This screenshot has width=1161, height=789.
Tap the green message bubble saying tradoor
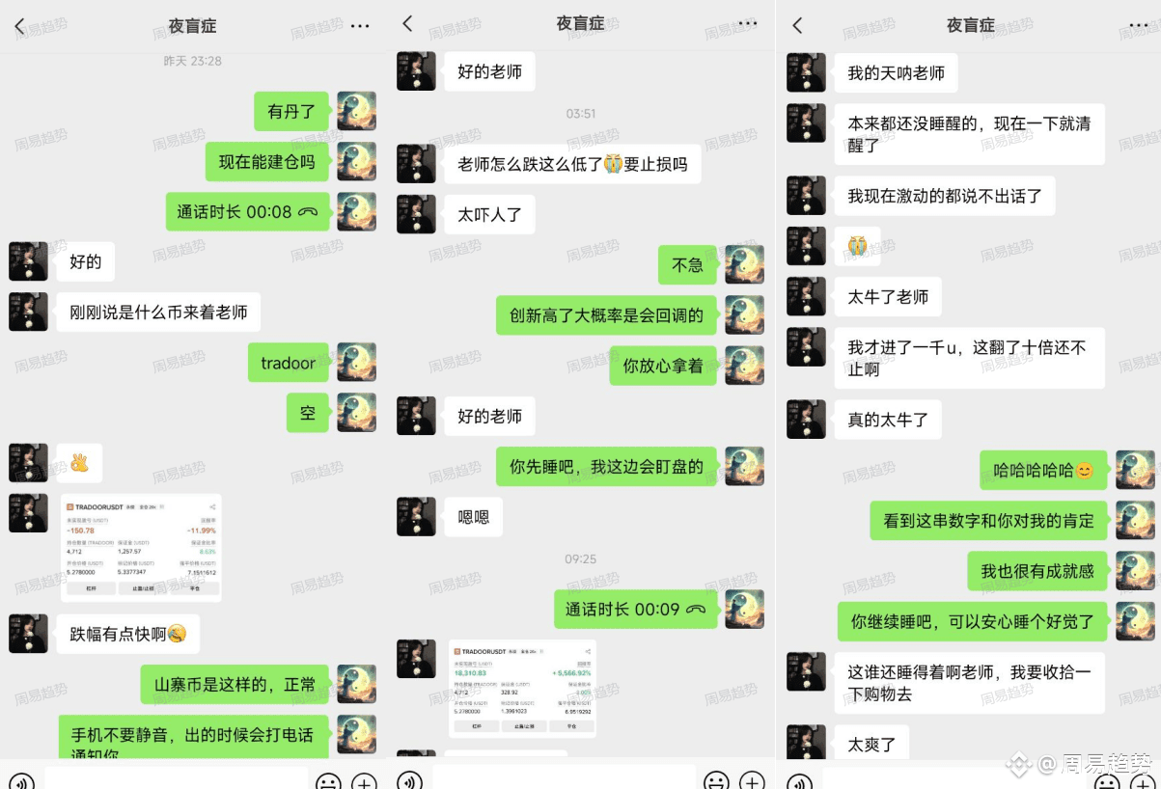click(288, 363)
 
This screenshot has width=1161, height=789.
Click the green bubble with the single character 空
click(308, 413)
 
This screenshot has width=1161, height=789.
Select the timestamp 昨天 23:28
click(192, 61)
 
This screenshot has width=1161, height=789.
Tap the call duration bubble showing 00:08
click(247, 212)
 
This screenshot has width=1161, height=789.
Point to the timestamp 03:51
click(581, 114)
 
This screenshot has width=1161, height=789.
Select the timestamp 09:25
click(581, 558)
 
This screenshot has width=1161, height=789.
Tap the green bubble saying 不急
click(687, 264)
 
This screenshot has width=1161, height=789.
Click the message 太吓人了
click(489, 214)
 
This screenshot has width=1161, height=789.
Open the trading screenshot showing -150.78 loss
click(142, 547)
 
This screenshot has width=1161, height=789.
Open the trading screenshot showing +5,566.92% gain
click(522, 688)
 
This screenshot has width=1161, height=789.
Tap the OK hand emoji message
click(79, 463)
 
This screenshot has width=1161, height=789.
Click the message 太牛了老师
click(887, 297)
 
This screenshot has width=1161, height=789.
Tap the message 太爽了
click(871, 744)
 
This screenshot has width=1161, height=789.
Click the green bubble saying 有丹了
click(291, 112)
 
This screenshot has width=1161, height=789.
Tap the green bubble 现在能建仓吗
click(266, 162)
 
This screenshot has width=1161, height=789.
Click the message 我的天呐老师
click(896, 73)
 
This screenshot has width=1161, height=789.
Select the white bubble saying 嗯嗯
click(473, 517)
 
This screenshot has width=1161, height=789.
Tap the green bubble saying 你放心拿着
click(662, 366)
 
